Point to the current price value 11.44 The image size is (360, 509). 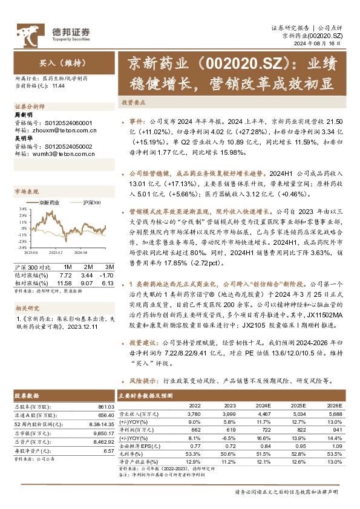click(58, 86)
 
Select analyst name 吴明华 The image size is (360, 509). click(25, 138)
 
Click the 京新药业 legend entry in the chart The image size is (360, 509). click(48, 203)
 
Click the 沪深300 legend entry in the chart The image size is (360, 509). click(91, 203)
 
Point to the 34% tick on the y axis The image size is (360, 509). click(22, 210)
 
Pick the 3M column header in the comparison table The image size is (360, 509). click(109, 267)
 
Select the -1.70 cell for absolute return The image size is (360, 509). click(107, 274)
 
